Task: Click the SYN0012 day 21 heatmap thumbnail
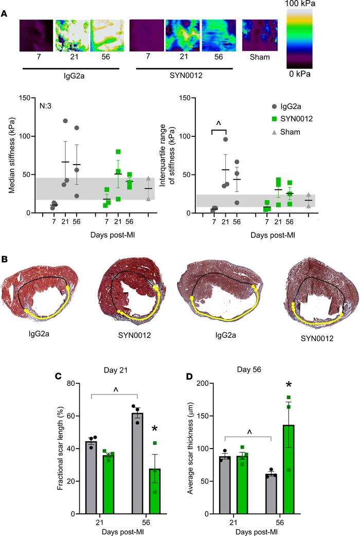click(183, 35)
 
